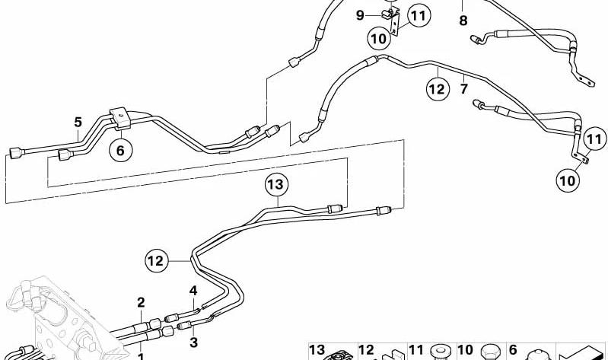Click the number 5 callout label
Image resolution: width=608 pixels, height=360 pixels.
click(x=78, y=123)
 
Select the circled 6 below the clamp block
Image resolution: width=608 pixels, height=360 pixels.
click(x=120, y=150)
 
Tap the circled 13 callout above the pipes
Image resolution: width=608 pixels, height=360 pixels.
click(x=275, y=185)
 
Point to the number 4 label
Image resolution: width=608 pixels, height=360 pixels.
click(x=193, y=291)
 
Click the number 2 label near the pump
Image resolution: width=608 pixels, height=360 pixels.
click(x=141, y=303)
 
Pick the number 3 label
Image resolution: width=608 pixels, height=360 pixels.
click(x=193, y=342)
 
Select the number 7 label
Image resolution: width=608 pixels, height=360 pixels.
click(x=464, y=89)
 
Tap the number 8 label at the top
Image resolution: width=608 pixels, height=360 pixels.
click(x=463, y=21)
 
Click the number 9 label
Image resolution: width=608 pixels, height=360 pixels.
click(x=360, y=15)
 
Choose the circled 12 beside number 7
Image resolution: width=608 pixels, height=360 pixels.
click(x=438, y=89)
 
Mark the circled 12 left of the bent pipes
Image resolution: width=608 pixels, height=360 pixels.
click(x=156, y=261)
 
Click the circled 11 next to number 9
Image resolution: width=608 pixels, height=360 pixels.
click(x=419, y=16)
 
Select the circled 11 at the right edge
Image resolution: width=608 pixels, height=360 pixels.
click(x=595, y=139)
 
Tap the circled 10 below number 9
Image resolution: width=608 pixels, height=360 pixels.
click(x=379, y=39)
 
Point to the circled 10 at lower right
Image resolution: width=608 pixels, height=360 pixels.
click(x=568, y=180)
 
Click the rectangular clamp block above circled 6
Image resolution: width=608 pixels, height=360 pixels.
click(x=120, y=118)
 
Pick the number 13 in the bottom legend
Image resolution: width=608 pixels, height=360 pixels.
click(x=317, y=350)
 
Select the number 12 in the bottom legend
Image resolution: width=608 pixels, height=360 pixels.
click(x=366, y=350)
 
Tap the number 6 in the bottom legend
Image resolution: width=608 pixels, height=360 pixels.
click(x=513, y=350)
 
